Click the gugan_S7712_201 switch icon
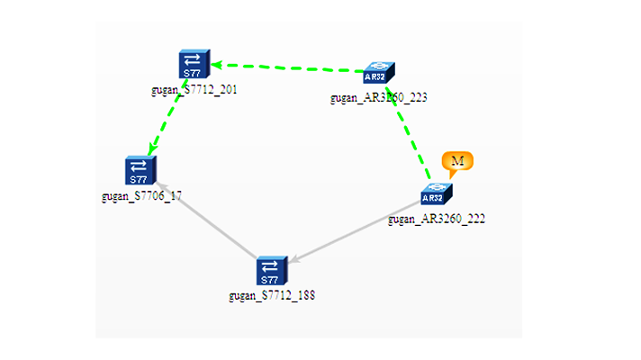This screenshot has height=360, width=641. point(193,65)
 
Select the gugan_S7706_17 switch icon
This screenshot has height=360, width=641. point(140,170)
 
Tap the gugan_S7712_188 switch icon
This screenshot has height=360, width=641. point(270,271)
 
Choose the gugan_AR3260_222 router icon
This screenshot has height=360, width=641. point(435,194)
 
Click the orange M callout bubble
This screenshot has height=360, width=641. point(456,161)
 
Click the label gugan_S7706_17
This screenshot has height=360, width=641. point(142,195)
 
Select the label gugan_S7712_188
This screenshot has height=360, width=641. point(272,295)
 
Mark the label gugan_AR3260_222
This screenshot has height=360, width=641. point(437,219)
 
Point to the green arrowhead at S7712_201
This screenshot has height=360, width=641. point(217,65)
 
